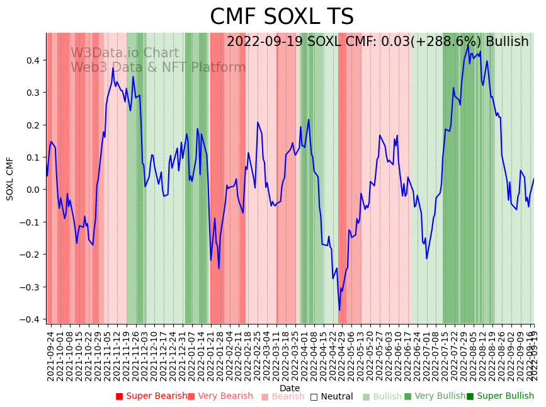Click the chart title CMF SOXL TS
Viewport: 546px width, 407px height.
282,17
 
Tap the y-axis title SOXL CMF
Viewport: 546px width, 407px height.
10,179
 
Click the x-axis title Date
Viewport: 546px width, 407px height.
290,388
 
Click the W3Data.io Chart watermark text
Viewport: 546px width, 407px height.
125,54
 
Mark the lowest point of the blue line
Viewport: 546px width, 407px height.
339,310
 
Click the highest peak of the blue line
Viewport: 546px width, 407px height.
468,45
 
